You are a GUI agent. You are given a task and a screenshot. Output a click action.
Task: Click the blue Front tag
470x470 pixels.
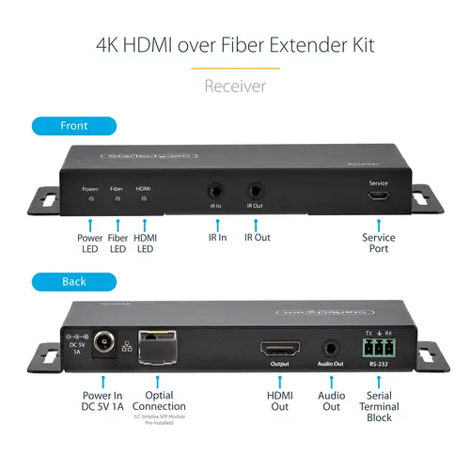[x=73, y=125]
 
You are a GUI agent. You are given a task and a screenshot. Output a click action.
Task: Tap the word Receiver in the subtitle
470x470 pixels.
[x=235, y=86]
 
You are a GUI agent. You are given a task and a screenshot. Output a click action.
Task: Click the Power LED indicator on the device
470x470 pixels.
[x=90, y=199]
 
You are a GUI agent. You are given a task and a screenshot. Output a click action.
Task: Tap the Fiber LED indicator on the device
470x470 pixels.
[x=117, y=199]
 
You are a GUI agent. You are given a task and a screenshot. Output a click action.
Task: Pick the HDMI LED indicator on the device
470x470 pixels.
[x=144, y=199]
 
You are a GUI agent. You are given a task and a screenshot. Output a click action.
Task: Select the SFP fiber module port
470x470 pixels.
[x=157, y=349]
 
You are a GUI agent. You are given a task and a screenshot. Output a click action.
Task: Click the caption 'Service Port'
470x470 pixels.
[x=379, y=244]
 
